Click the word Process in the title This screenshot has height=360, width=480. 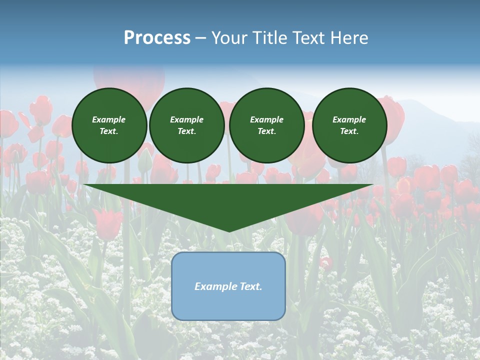click(x=157, y=38)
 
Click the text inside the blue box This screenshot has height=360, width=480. click(x=228, y=286)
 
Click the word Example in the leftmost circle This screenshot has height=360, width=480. click(x=109, y=119)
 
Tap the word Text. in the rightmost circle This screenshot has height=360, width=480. click(x=349, y=131)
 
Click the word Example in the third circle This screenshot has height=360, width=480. click(x=267, y=119)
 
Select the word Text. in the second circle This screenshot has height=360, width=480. click(x=187, y=131)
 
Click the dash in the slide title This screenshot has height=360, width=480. click(x=200, y=38)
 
